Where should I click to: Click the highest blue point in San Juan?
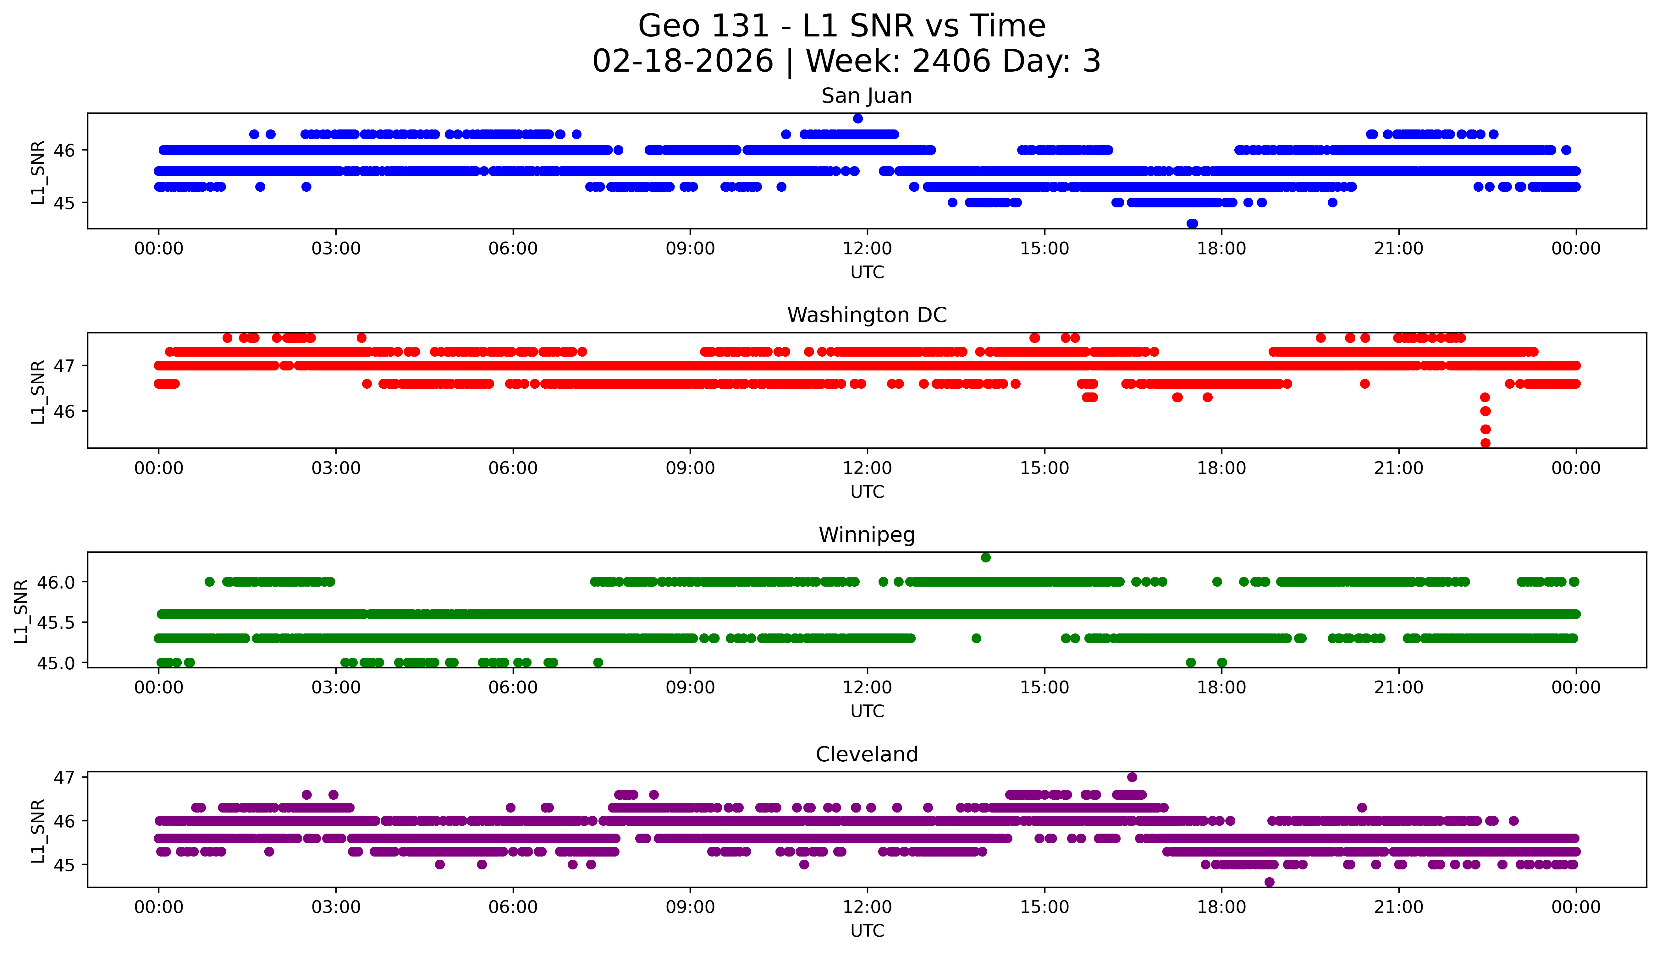(x=858, y=118)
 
